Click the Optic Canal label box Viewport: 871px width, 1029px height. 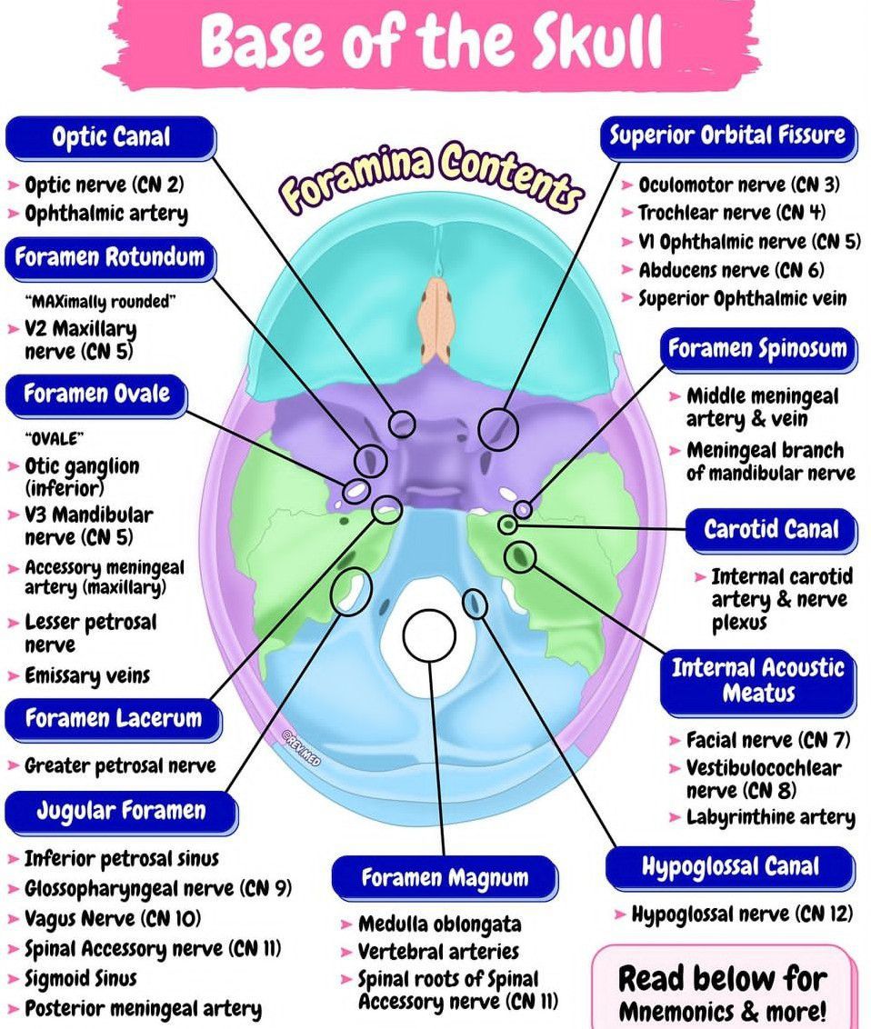click(x=111, y=138)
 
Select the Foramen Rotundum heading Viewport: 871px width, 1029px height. click(x=110, y=257)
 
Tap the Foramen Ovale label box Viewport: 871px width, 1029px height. click(x=96, y=395)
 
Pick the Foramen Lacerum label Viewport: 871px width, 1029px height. click(x=113, y=719)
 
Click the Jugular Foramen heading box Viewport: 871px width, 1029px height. click(x=121, y=811)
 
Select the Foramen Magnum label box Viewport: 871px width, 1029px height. click(x=445, y=878)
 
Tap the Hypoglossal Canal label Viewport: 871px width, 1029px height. click(x=730, y=867)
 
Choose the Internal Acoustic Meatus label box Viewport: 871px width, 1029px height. click(x=757, y=681)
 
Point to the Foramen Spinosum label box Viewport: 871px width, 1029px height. click(x=757, y=349)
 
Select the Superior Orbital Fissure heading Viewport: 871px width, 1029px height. click(x=727, y=136)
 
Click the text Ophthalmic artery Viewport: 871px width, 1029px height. click(x=106, y=215)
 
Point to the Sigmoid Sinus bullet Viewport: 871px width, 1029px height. click(x=80, y=979)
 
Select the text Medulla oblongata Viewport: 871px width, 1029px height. click(x=439, y=924)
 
